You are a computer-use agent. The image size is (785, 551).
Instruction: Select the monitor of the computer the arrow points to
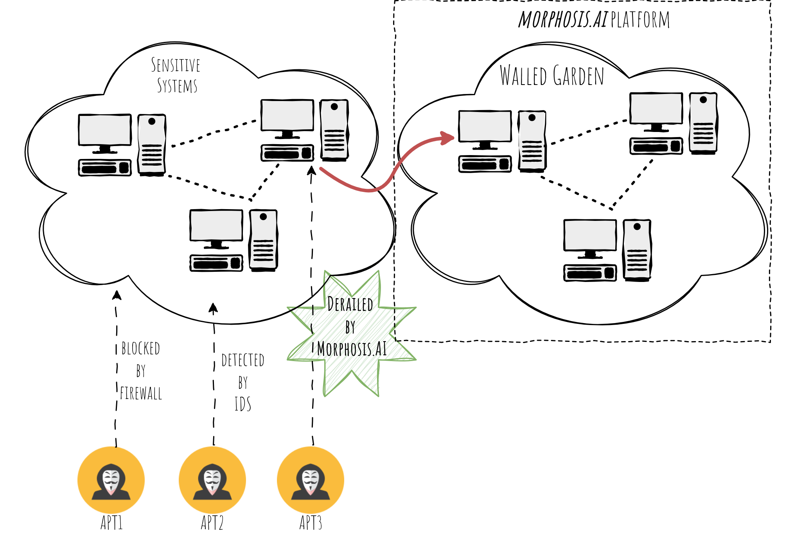click(485, 126)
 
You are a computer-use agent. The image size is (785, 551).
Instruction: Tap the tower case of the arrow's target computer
click(532, 140)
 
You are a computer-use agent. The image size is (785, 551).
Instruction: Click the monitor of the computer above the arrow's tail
click(287, 115)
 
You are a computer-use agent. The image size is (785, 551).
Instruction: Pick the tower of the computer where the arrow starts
click(334, 129)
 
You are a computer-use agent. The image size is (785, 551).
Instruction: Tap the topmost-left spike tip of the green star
click(325, 271)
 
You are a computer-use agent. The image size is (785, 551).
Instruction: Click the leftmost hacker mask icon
click(111, 480)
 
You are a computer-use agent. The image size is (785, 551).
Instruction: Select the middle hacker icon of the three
click(212, 480)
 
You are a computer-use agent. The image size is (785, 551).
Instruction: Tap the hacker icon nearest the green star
click(311, 480)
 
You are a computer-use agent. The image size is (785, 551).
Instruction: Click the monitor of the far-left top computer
click(105, 130)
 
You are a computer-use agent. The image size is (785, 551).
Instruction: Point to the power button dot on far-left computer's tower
click(152, 121)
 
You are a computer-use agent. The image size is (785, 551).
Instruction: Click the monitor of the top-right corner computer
click(656, 108)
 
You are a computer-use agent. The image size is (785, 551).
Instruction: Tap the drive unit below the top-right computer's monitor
click(656, 146)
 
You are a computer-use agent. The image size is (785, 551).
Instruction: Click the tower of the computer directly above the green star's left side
click(263, 239)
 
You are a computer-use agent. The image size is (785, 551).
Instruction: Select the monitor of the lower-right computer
click(590, 235)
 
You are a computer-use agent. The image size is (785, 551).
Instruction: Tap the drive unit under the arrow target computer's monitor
click(485, 164)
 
